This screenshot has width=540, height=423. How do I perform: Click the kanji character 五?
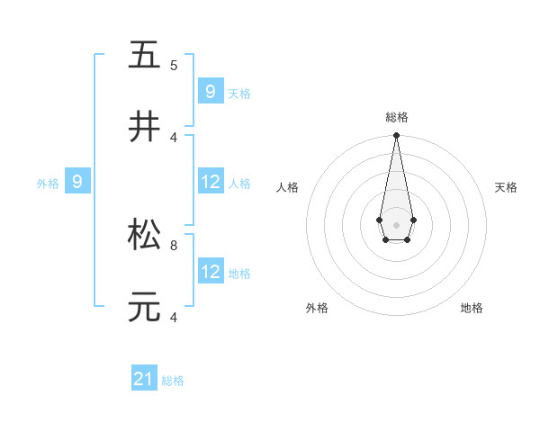click(144, 55)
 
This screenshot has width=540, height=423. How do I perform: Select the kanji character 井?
click(144, 127)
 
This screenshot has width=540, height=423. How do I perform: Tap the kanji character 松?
click(144, 235)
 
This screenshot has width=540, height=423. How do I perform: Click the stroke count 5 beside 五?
click(174, 65)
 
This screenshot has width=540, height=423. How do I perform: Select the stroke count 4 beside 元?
click(174, 317)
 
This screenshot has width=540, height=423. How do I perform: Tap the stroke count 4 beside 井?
click(174, 137)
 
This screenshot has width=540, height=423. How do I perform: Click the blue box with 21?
click(144, 380)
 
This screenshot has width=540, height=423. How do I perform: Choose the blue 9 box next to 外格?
click(77, 183)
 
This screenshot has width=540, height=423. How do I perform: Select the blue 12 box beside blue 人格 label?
click(211, 183)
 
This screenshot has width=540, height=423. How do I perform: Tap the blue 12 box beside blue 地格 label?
click(211, 272)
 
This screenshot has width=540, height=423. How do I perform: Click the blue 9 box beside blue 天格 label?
click(211, 92)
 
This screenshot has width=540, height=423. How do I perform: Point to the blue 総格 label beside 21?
click(173, 381)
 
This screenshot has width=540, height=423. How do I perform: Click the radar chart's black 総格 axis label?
click(396, 117)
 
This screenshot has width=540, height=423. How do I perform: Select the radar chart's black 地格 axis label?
click(472, 308)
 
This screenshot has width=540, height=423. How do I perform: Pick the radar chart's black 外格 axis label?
click(317, 308)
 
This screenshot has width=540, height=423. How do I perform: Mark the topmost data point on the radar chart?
click(396, 136)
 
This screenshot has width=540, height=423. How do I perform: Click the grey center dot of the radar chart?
click(396, 223)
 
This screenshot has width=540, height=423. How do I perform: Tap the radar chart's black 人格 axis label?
click(288, 187)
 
